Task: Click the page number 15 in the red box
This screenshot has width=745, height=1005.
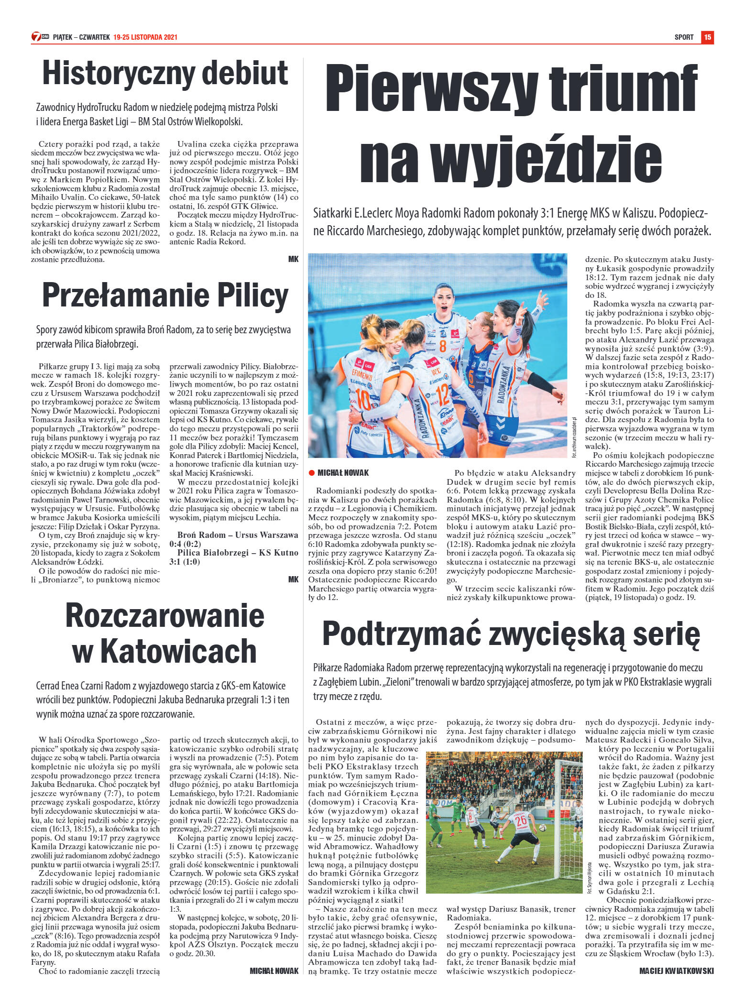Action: tap(707, 37)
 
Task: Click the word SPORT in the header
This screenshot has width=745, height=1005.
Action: tap(684, 37)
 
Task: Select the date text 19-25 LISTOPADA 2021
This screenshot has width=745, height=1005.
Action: tap(145, 37)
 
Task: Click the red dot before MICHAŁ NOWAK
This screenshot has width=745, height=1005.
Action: tap(312, 473)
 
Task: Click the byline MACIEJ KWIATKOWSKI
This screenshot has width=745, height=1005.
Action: tap(676, 971)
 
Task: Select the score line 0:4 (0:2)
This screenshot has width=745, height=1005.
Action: tap(185, 544)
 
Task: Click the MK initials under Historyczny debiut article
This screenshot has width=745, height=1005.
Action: tap(293, 259)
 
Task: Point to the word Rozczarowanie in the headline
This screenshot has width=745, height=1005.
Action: tap(164, 616)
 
